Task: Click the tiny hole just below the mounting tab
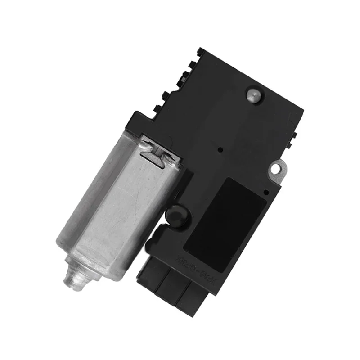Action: [266, 192]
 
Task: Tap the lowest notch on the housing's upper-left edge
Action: [157, 108]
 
